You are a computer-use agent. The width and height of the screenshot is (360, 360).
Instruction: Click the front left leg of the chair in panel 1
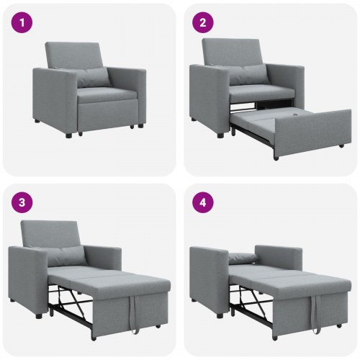[x=68, y=134]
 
